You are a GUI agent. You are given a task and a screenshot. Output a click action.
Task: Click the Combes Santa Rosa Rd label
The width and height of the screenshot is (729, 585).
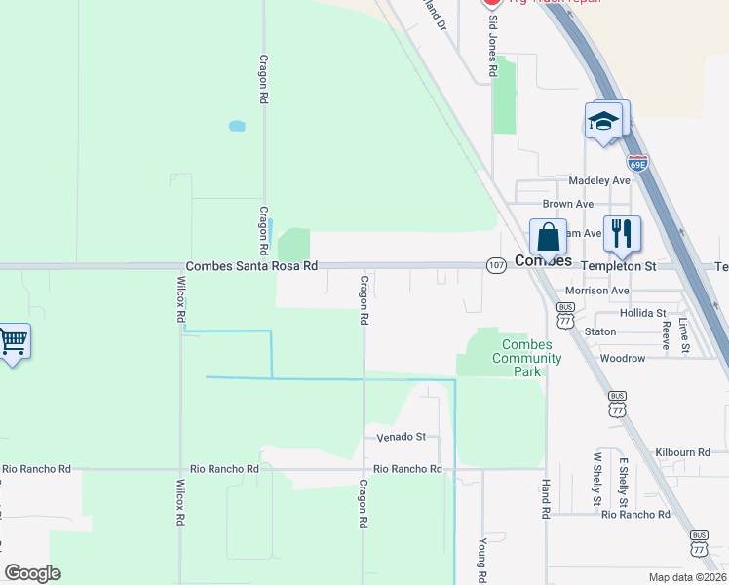pos(251,265)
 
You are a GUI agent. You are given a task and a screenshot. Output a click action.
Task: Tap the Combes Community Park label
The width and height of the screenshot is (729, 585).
pos(526,358)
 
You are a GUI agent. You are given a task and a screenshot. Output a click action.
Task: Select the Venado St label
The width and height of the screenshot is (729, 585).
pos(402,437)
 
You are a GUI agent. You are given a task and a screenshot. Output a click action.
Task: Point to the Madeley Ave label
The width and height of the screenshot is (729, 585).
pos(600,180)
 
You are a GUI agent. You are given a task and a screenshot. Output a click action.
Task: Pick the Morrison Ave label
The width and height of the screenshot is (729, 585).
pos(596,291)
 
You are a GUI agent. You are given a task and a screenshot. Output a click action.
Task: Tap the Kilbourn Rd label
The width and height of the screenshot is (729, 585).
pos(682,452)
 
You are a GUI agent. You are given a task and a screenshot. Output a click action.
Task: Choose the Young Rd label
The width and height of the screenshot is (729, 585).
pos(482,561)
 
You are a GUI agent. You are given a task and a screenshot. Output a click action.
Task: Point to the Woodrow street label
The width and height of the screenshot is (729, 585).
pos(622,358)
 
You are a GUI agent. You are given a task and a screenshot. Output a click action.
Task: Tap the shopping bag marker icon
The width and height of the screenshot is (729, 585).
pos(548,237)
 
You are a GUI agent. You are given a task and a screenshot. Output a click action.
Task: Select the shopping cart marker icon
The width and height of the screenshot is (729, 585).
pos(13,341)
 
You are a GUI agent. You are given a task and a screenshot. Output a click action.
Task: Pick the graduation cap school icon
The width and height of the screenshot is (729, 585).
pos(603,121)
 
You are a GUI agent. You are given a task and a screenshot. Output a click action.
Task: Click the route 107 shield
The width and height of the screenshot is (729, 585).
pos(497,265)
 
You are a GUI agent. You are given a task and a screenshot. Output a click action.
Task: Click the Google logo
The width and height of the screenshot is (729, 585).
pos(32,573)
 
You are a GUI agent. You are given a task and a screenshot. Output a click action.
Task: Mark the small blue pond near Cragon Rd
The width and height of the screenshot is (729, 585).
pos(236,126)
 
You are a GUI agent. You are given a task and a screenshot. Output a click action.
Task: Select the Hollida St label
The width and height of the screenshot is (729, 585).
pos(642,313)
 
